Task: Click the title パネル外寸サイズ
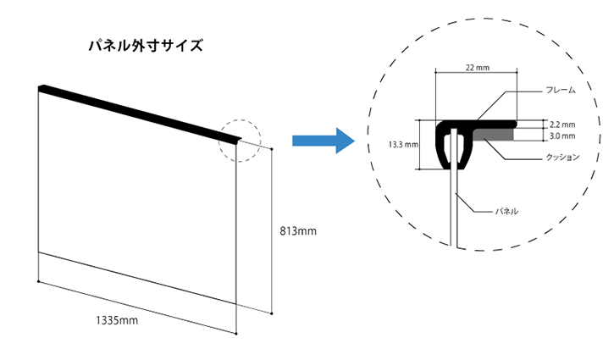[x=146, y=46]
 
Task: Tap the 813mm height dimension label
[x=298, y=231]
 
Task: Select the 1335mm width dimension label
[x=117, y=320]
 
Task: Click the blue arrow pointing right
[x=324, y=141]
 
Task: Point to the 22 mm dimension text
[x=478, y=68]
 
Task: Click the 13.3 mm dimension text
[x=403, y=145]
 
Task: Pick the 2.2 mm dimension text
[x=562, y=125]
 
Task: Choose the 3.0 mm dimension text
[x=562, y=136]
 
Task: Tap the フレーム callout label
[x=561, y=91]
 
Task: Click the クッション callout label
[x=562, y=157]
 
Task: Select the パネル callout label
[x=506, y=212]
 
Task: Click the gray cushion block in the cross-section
[x=493, y=135]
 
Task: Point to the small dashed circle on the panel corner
[x=240, y=120]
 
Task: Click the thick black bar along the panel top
[x=140, y=114]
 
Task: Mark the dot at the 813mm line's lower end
[x=272, y=313]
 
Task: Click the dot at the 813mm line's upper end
[x=272, y=149]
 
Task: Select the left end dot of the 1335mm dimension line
[x=38, y=281]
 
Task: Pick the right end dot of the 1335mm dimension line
[x=236, y=334]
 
